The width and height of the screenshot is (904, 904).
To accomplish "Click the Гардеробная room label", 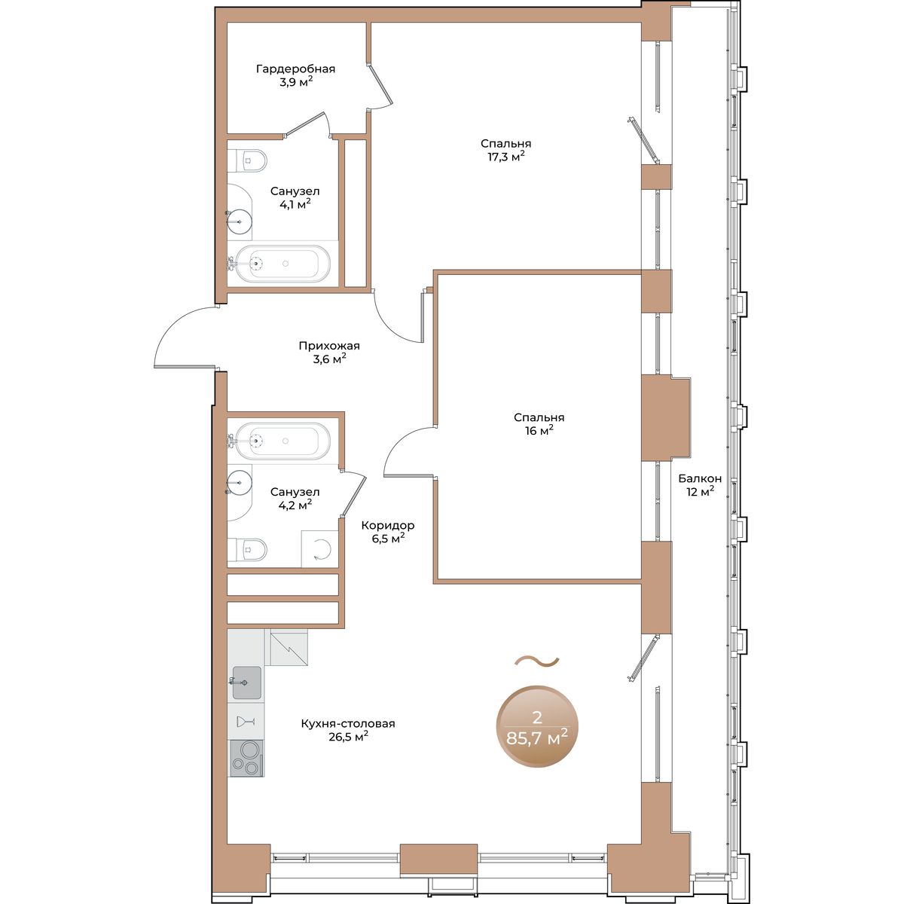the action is pos(295,69).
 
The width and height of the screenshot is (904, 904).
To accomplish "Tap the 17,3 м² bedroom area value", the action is pos(505,157).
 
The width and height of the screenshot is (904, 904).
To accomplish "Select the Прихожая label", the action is pos(329,347).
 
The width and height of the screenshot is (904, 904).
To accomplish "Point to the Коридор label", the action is pos(388,525).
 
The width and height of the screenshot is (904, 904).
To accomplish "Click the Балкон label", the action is pos(700,478).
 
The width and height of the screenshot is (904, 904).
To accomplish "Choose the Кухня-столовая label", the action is pos(348,724).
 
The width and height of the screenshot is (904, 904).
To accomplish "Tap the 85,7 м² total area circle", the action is pos(538,727).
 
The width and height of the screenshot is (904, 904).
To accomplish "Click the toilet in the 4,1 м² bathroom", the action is pos(247,161).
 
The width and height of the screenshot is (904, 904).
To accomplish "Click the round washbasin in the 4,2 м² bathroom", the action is pos(240,483).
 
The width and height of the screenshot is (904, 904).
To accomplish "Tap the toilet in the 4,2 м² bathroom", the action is pos(247,549).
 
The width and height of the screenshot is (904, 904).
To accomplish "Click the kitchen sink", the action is pos(247,683).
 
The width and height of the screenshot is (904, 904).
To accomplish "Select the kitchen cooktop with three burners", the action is pos(246,758).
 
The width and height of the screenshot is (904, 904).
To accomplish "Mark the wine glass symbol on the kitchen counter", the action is pos(246,722).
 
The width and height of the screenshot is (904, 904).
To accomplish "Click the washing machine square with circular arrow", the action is pos(319,549).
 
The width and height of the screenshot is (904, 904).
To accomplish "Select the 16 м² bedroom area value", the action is pos(539,431).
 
